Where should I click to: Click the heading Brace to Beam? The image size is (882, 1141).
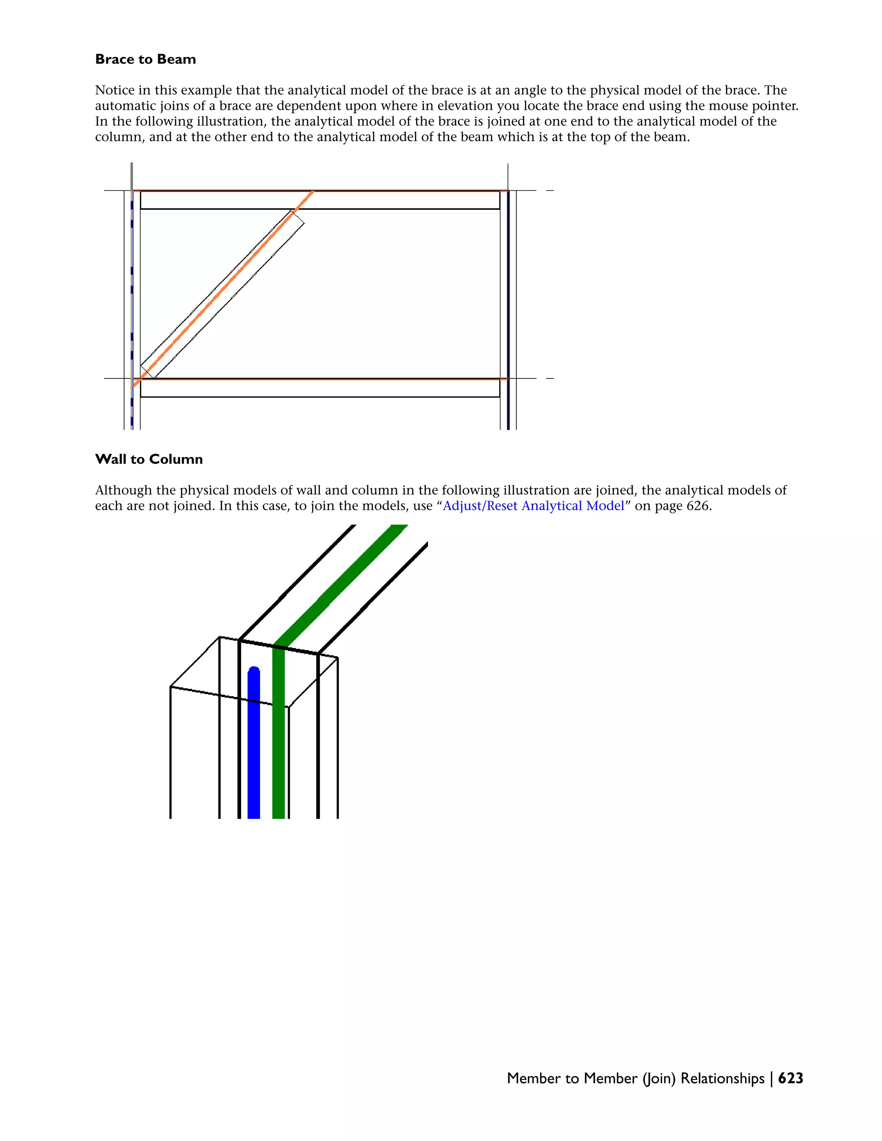[x=145, y=59]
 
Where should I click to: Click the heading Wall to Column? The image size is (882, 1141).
[x=149, y=459]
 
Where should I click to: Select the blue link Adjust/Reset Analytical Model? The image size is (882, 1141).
[x=534, y=506]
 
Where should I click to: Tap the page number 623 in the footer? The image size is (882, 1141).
[x=791, y=1078]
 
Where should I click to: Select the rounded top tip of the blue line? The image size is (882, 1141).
[x=254, y=670]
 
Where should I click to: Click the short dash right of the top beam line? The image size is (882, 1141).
[x=550, y=191]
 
